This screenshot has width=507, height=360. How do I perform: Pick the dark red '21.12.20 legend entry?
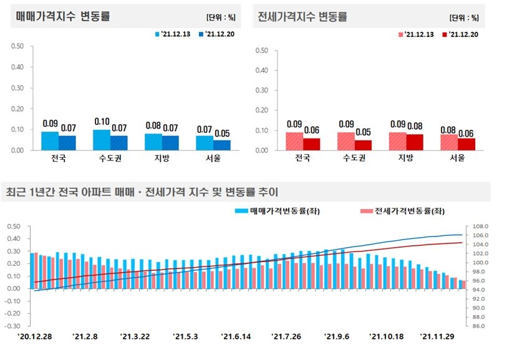(460, 34)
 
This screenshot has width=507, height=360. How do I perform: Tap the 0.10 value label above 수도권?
(102, 122)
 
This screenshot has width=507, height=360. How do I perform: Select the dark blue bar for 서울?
(221, 145)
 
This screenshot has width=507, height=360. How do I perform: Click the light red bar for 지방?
(397, 141)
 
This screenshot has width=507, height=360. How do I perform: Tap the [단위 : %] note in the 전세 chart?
(464, 17)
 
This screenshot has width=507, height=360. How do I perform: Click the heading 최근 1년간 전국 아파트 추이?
(141, 192)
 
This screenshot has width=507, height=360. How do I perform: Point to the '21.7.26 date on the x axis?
(286, 336)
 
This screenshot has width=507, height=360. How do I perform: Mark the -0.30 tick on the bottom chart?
(13, 326)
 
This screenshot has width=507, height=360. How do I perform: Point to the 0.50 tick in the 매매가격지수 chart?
(17, 46)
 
